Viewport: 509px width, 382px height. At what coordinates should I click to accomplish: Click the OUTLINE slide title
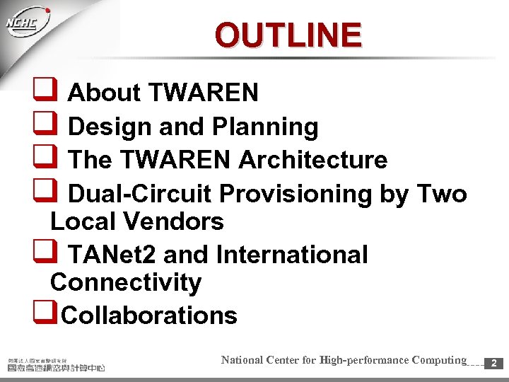click(x=288, y=35)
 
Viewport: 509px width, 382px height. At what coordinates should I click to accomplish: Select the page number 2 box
click(x=493, y=363)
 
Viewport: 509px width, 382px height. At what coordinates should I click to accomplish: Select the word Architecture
click(x=312, y=160)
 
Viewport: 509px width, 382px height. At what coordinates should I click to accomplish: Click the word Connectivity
click(x=126, y=282)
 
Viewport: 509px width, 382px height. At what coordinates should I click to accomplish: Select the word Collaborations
click(x=149, y=315)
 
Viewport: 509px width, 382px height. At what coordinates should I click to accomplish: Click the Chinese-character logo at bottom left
click(x=57, y=364)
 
